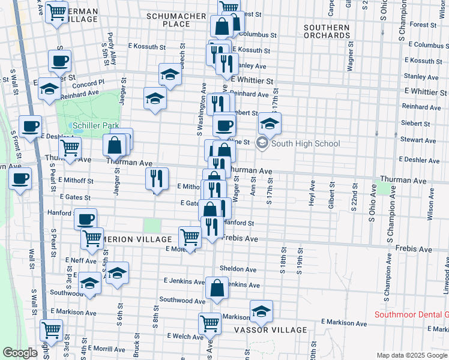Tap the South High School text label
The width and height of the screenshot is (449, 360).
(306, 143)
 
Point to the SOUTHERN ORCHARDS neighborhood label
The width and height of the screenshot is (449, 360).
(327, 31)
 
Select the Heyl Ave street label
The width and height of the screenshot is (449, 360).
(312, 193)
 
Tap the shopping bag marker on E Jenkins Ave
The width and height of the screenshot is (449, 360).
(217, 288)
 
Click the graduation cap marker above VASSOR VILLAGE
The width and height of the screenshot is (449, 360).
(261, 311)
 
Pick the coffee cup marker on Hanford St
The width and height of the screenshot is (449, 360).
(86, 219)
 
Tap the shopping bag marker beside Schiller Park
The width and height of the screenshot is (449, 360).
(114, 145)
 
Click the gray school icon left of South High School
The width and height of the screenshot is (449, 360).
(262, 143)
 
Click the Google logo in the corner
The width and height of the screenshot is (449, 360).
(20, 353)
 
